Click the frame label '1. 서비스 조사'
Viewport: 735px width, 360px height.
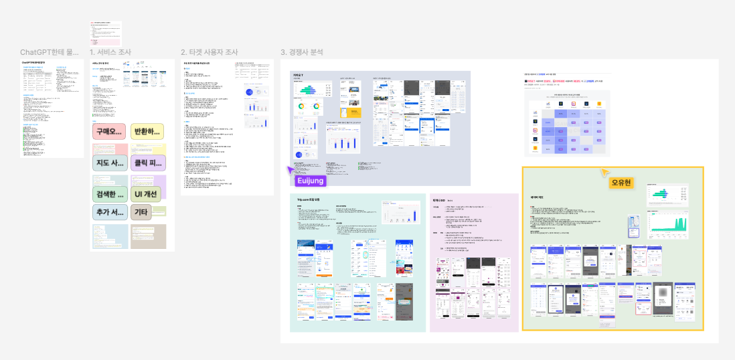[x=110, y=52]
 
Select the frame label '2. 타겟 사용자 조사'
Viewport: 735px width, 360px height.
[x=209, y=52]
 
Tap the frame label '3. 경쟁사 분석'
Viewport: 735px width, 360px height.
[x=301, y=52]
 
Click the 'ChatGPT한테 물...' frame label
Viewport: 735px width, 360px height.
[x=50, y=52]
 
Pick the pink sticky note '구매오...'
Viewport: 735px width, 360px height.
[x=108, y=131]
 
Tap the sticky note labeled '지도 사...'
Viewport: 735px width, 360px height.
[x=108, y=163]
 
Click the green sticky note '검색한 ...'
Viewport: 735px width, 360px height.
[x=108, y=195]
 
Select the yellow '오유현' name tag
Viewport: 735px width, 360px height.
[x=622, y=183]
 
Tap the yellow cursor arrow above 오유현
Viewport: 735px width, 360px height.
[x=604, y=172]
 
